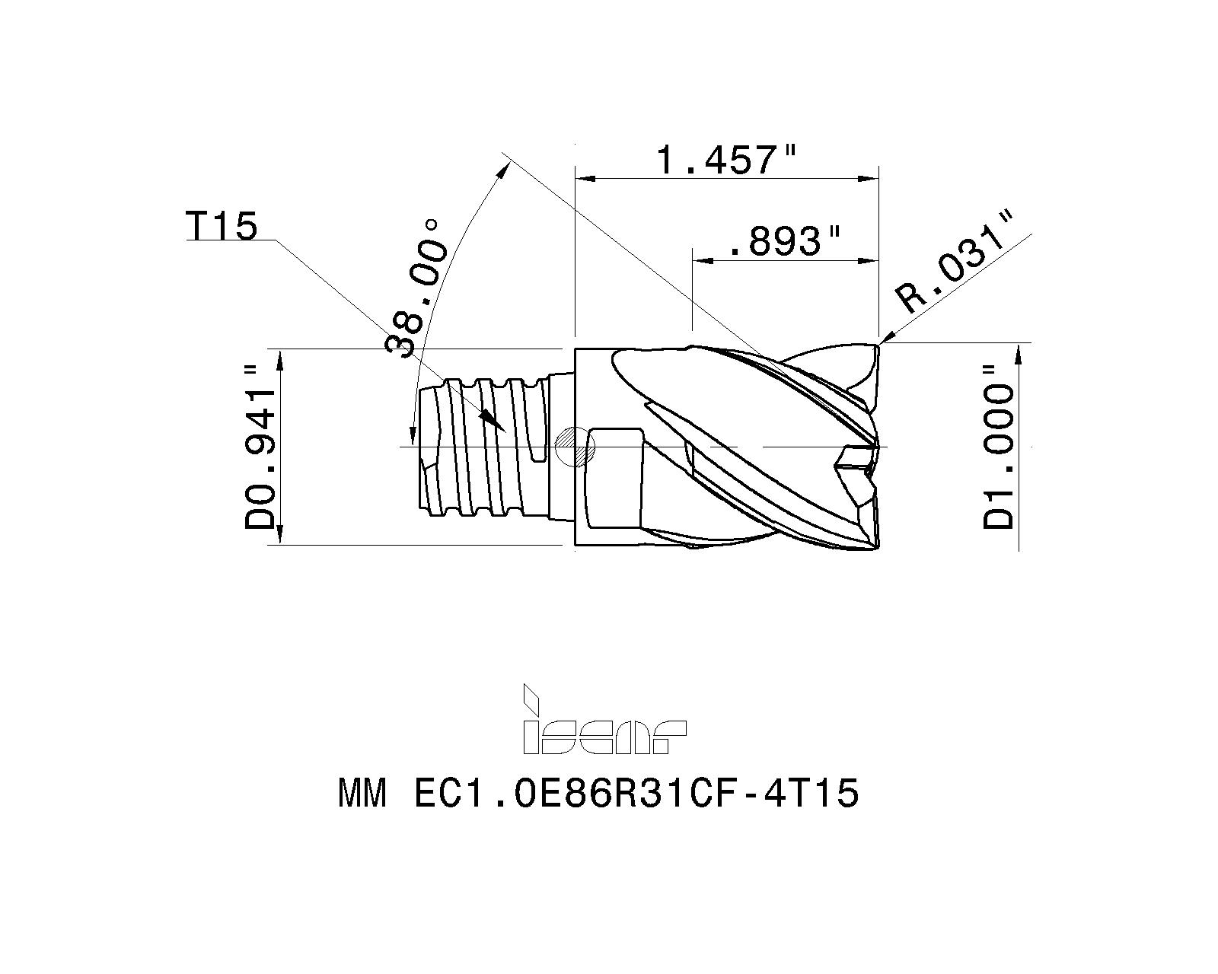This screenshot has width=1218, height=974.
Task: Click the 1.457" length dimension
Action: [726, 159]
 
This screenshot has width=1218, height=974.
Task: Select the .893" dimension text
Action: [784, 241]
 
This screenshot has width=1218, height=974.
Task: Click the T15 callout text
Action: [222, 226]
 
